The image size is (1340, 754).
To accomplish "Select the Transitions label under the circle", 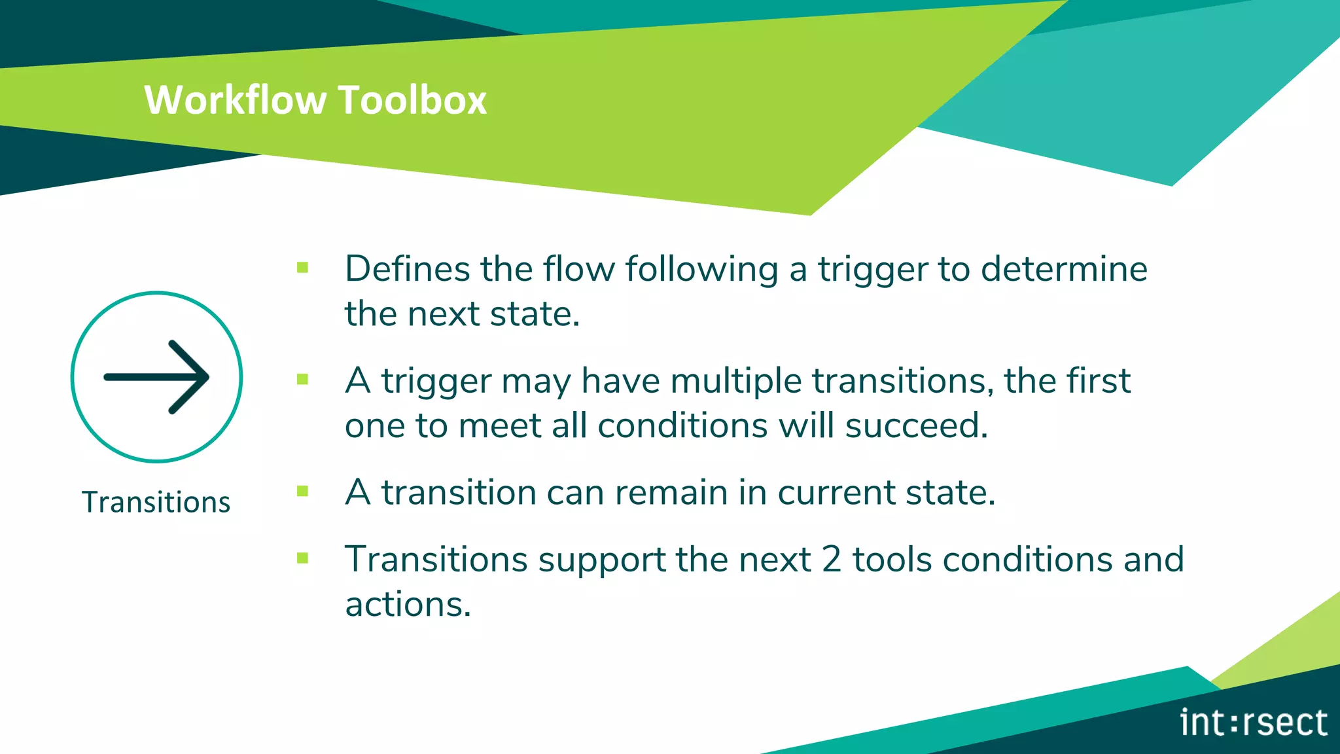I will [x=156, y=503].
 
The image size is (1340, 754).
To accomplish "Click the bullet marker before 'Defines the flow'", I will [x=302, y=267].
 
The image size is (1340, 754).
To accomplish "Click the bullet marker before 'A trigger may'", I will [x=302, y=379].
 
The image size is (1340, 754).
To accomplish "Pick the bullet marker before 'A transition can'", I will [x=302, y=491].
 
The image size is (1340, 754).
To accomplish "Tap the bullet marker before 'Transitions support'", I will [x=302, y=558].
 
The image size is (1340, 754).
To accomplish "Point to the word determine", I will [x=1064, y=269].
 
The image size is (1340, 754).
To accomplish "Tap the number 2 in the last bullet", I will [x=831, y=560].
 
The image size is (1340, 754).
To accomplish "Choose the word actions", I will [x=407, y=605].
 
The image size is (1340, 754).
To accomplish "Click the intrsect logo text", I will [x=1254, y=723].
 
